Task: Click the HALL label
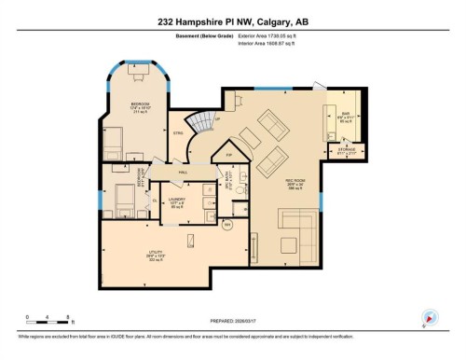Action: pyautogui.click(x=184, y=173)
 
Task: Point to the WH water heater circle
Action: pyautogui.click(x=226, y=224)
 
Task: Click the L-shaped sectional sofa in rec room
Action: pyautogui.click(x=301, y=228)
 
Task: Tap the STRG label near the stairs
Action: pyautogui.click(x=177, y=132)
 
